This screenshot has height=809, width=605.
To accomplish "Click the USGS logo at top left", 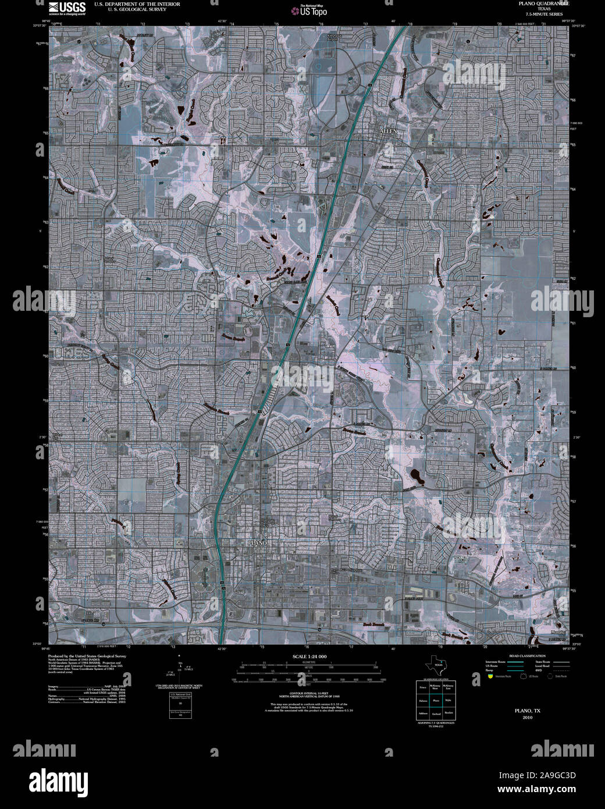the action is click(67, 8).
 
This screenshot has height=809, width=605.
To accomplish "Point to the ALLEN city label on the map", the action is click(388, 132).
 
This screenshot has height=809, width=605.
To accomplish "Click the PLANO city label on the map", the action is click(257, 542).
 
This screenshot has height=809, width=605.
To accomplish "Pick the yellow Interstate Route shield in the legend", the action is click(491, 677).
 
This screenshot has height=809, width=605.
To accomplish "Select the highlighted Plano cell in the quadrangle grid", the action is click(435, 701).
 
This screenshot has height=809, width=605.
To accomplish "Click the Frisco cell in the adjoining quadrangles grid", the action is click(422, 688).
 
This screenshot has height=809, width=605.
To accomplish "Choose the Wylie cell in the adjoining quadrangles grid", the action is click(449, 701).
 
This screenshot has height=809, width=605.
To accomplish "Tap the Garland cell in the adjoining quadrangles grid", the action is click(435, 714).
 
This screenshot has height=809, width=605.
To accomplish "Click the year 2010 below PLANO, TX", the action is click(527, 717).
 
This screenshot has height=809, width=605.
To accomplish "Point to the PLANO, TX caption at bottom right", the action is click(527, 711).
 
